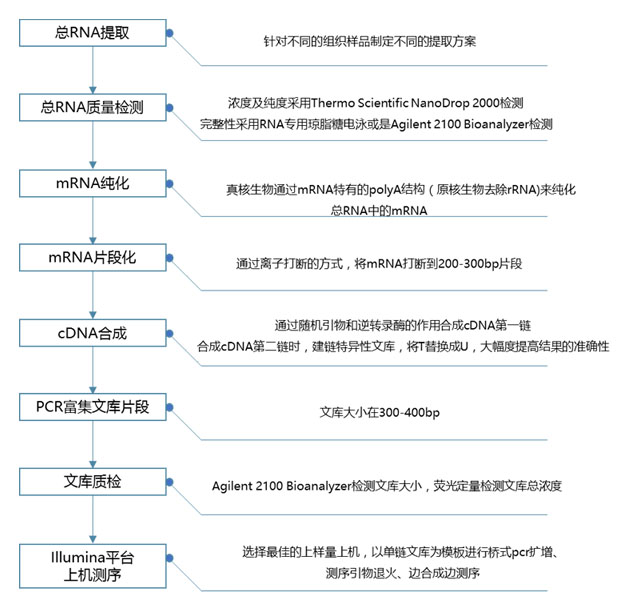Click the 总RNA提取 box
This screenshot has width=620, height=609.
pos(92,32)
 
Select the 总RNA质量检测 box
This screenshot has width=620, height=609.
pos(92,107)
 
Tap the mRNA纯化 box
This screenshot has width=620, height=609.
pos(92,183)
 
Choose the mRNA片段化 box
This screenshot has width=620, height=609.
pos(92,258)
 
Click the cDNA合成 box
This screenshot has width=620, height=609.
pos(92,332)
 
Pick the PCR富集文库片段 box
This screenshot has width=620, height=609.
pos(92,408)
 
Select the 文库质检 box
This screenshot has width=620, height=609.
pos(92,483)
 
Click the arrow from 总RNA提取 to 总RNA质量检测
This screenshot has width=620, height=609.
pos(92,70)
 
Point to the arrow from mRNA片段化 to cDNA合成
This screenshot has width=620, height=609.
pos(92,295)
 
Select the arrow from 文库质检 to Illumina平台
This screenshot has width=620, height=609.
pos(92,520)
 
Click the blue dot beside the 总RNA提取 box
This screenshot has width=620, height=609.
pos(169,32)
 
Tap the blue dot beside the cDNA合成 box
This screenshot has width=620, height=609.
pos(169,332)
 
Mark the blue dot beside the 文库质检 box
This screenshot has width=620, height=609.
pos(169,483)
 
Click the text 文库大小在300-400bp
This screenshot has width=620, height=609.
pos(388,412)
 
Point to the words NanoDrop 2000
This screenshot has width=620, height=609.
pos(473,103)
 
